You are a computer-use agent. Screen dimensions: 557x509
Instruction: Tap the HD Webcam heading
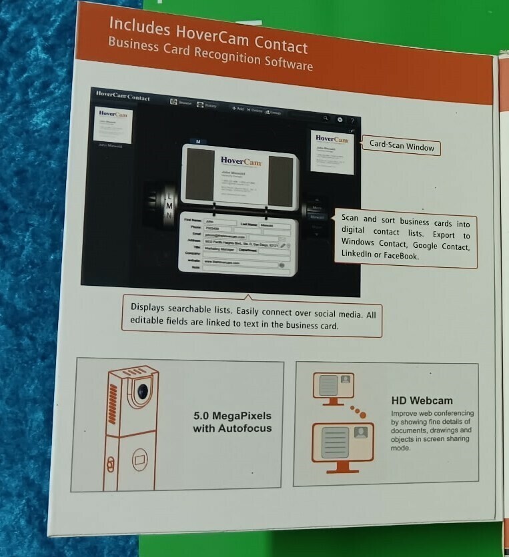pos(422,400)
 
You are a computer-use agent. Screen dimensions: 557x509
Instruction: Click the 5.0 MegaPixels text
pos(232,416)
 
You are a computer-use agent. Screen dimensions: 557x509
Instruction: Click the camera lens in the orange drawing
pos(141,392)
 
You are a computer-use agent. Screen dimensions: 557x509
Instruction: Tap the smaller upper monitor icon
pos(333,386)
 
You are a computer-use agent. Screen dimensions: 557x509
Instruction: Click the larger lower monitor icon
pos(342,442)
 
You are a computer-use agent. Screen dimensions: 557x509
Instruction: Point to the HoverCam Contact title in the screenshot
pos(123,96)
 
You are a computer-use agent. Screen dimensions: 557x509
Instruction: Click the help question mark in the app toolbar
pos(352,121)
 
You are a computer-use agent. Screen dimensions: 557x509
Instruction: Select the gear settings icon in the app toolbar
pos(340,120)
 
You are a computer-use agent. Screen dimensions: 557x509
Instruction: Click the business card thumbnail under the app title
pos(113,124)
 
